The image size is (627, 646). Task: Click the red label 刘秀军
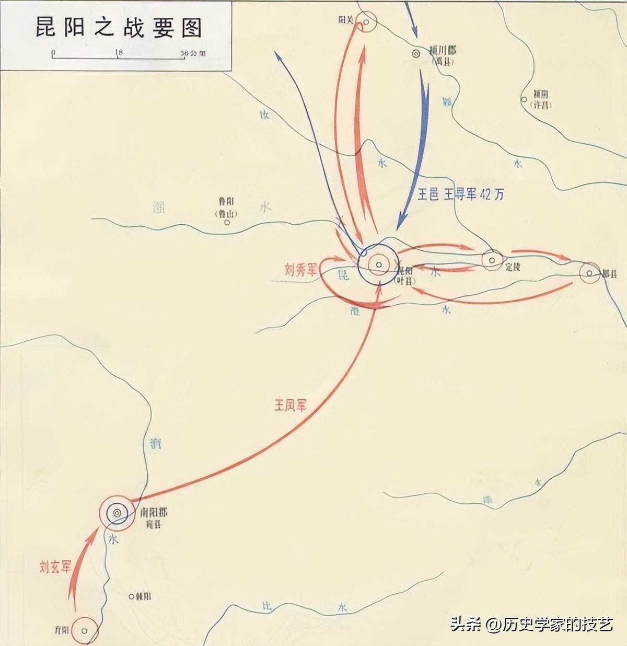[301, 270]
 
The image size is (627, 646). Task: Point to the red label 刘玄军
[55, 567]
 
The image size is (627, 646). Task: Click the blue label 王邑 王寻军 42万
[461, 194]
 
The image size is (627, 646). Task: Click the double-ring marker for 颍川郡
[416, 53]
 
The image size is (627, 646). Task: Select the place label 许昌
[541, 105]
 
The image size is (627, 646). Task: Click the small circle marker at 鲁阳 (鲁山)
[227, 222]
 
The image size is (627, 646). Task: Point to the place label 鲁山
[227, 213]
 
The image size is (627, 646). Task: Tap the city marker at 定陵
[492, 260]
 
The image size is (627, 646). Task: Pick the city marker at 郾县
[589, 273]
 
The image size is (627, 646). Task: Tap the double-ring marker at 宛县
[117, 513]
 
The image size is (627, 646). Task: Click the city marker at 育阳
[85, 631]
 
